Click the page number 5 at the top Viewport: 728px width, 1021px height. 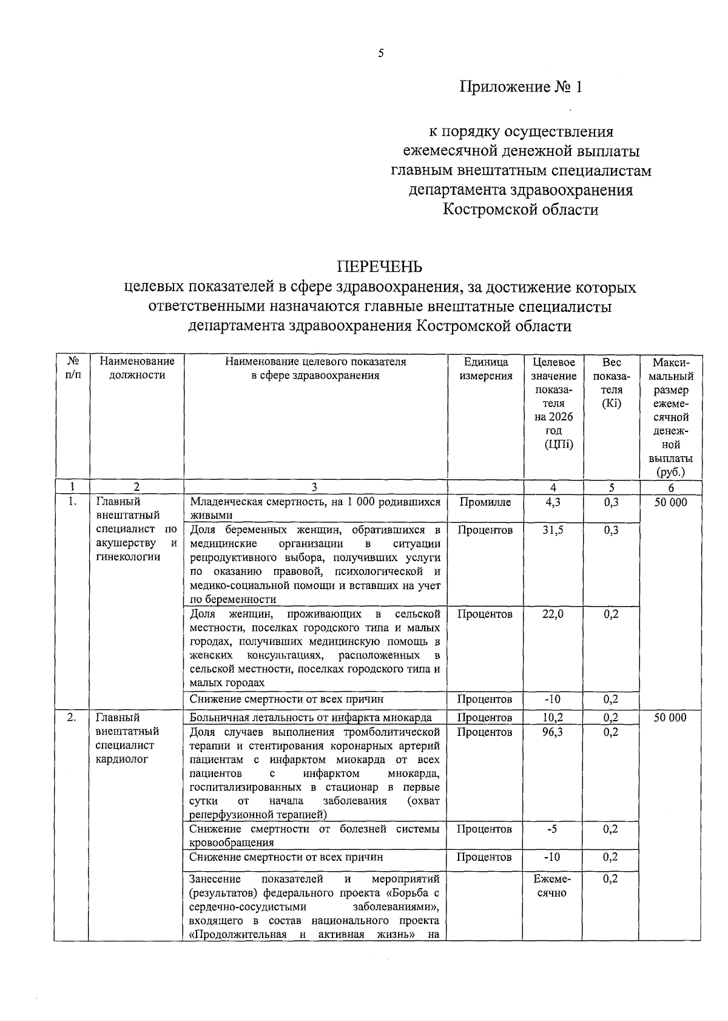(381, 53)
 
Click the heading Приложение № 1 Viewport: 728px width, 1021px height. (521, 87)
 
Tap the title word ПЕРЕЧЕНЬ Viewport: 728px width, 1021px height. (380, 267)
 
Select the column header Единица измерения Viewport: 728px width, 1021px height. (485, 368)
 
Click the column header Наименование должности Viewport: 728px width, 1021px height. (136, 368)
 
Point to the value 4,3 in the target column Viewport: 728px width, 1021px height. (552, 502)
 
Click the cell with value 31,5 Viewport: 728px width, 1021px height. (552, 530)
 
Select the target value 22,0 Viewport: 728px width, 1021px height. (552, 614)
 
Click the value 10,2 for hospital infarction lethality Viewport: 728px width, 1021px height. (552, 718)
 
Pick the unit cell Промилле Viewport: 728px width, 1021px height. (485, 502)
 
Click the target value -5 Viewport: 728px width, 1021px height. (552, 829)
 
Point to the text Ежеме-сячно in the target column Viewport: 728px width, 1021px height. (552, 886)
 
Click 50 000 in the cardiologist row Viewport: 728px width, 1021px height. (670, 718)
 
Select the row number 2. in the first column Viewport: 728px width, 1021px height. (72, 718)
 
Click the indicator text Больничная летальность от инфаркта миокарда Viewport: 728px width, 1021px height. (311, 718)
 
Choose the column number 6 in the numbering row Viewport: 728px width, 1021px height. (670, 487)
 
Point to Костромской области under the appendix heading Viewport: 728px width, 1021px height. (521, 210)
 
